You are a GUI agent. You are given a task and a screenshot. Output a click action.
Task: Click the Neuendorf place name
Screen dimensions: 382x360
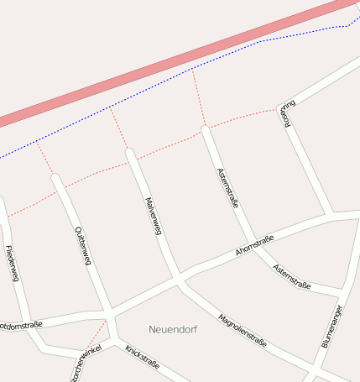[x=173, y=329]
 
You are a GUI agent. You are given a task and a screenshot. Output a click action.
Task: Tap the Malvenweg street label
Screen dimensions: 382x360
[x=152, y=216]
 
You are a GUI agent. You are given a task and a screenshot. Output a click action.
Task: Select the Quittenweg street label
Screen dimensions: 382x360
[x=82, y=246]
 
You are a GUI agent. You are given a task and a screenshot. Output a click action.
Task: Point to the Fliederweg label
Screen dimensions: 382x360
[x=12, y=263]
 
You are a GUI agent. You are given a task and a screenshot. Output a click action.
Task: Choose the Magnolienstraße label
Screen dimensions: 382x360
[x=242, y=330]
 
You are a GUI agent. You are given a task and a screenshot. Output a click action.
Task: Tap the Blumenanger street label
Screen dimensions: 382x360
[x=331, y=326]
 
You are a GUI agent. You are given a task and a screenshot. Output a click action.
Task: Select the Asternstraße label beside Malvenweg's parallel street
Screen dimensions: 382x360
[x=227, y=186]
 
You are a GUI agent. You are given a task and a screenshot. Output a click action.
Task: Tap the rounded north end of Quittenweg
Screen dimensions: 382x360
[x=56, y=178]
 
